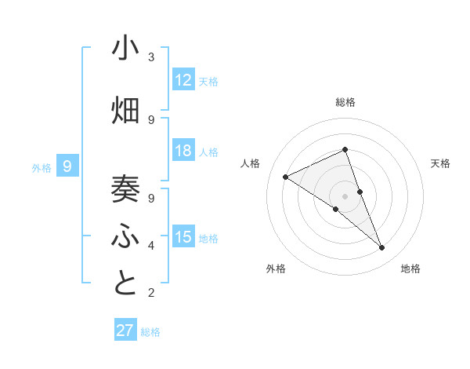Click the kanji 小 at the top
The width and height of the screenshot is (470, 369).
(125, 49)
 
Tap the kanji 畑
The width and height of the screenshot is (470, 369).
(125, 111)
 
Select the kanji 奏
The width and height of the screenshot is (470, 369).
(125, 188)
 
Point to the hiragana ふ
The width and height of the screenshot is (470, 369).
(125, 235)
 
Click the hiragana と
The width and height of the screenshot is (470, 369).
(125, 283)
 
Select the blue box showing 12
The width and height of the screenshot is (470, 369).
(183, 80)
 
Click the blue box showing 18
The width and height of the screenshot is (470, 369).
(183, 151)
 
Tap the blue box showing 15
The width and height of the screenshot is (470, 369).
(183, 237)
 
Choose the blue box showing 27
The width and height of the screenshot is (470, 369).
(125, 331)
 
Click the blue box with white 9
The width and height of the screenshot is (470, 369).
(68, 166)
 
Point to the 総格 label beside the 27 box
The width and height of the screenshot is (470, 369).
(150, 332)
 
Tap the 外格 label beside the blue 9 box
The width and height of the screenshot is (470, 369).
(42, 167)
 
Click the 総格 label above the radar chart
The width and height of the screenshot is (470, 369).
(345, 102)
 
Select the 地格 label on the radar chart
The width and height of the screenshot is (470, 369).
(410, 269)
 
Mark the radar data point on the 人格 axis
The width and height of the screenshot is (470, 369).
(286, 177)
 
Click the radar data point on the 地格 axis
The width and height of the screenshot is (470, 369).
(382, 248)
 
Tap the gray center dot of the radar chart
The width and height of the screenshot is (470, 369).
(345, 196)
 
